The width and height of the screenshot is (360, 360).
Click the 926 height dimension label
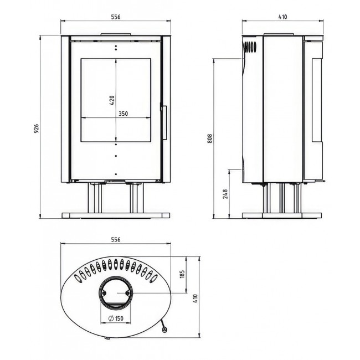[x=37, y=129]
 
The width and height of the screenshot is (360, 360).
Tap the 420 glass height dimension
[x=112, y=100]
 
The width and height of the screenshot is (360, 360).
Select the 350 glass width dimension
[x=124, y=114]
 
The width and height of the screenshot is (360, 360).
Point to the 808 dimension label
[x=210, y=138]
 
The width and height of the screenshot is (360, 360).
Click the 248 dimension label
[x=225, y=194]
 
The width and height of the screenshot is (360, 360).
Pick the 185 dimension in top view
[x=182, y=274]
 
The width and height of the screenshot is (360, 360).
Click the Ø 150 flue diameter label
[x=116, y=318]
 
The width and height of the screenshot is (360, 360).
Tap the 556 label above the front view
[x=116, y=17]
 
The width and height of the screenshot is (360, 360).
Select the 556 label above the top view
[x=116, y=239]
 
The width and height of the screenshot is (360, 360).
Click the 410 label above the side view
[x=282, y=17]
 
